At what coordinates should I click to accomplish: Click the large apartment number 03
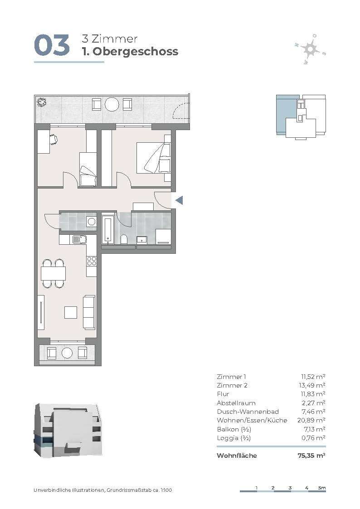click(52, 45)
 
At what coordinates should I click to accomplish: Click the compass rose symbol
click(310, 49)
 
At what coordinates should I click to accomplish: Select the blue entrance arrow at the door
click(179, 200)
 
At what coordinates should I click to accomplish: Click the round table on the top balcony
click(112, 105)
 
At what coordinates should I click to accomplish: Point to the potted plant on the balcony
click(41, 102)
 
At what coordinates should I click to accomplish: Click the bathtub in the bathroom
click(107, 228)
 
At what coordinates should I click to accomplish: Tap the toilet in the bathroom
click(124, 240)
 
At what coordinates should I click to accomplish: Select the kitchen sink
click(79, 240)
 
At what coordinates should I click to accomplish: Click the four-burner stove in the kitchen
click(92, 261)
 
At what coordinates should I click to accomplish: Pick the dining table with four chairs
click(53, 273)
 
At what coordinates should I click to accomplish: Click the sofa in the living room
click(89, 312)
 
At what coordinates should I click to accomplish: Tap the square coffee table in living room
click(70, 312)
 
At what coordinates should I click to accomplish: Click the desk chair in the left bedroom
click(54, 139)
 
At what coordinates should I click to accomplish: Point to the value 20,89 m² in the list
click(311, 420)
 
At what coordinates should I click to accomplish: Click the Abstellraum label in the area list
click(236, 403)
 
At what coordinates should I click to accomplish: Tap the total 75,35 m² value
click(311, 456)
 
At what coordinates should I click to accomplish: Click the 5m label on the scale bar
click(322, 488)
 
